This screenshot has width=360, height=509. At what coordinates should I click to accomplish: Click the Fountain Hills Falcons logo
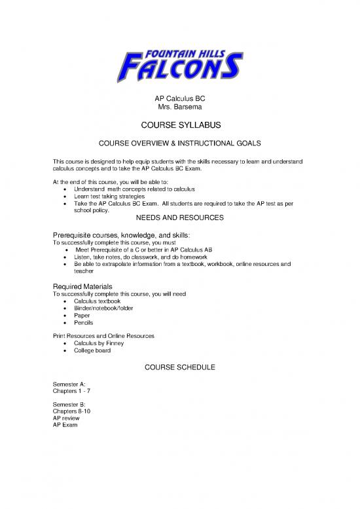pyautogui.click(x=181, y=58)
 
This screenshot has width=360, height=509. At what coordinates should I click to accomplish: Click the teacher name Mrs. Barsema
pyautogui.click(x=180, y=107)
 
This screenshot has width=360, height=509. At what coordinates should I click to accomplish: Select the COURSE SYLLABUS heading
pyautogui.click(x=180, y=125)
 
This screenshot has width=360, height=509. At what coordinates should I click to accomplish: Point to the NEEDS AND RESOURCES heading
pyautogui.click(x=180, y=217)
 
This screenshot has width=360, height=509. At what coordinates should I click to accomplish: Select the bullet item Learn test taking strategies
pyautogui.click(x=113, y=196)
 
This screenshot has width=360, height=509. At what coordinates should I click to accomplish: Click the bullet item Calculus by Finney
pyautogui.click(x=102, y=343)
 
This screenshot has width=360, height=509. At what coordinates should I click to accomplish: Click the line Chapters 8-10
pyautogui.click(x=72, y=411)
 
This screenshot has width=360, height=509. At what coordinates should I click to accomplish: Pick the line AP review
pyautogui.click(x=66, y=418)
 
